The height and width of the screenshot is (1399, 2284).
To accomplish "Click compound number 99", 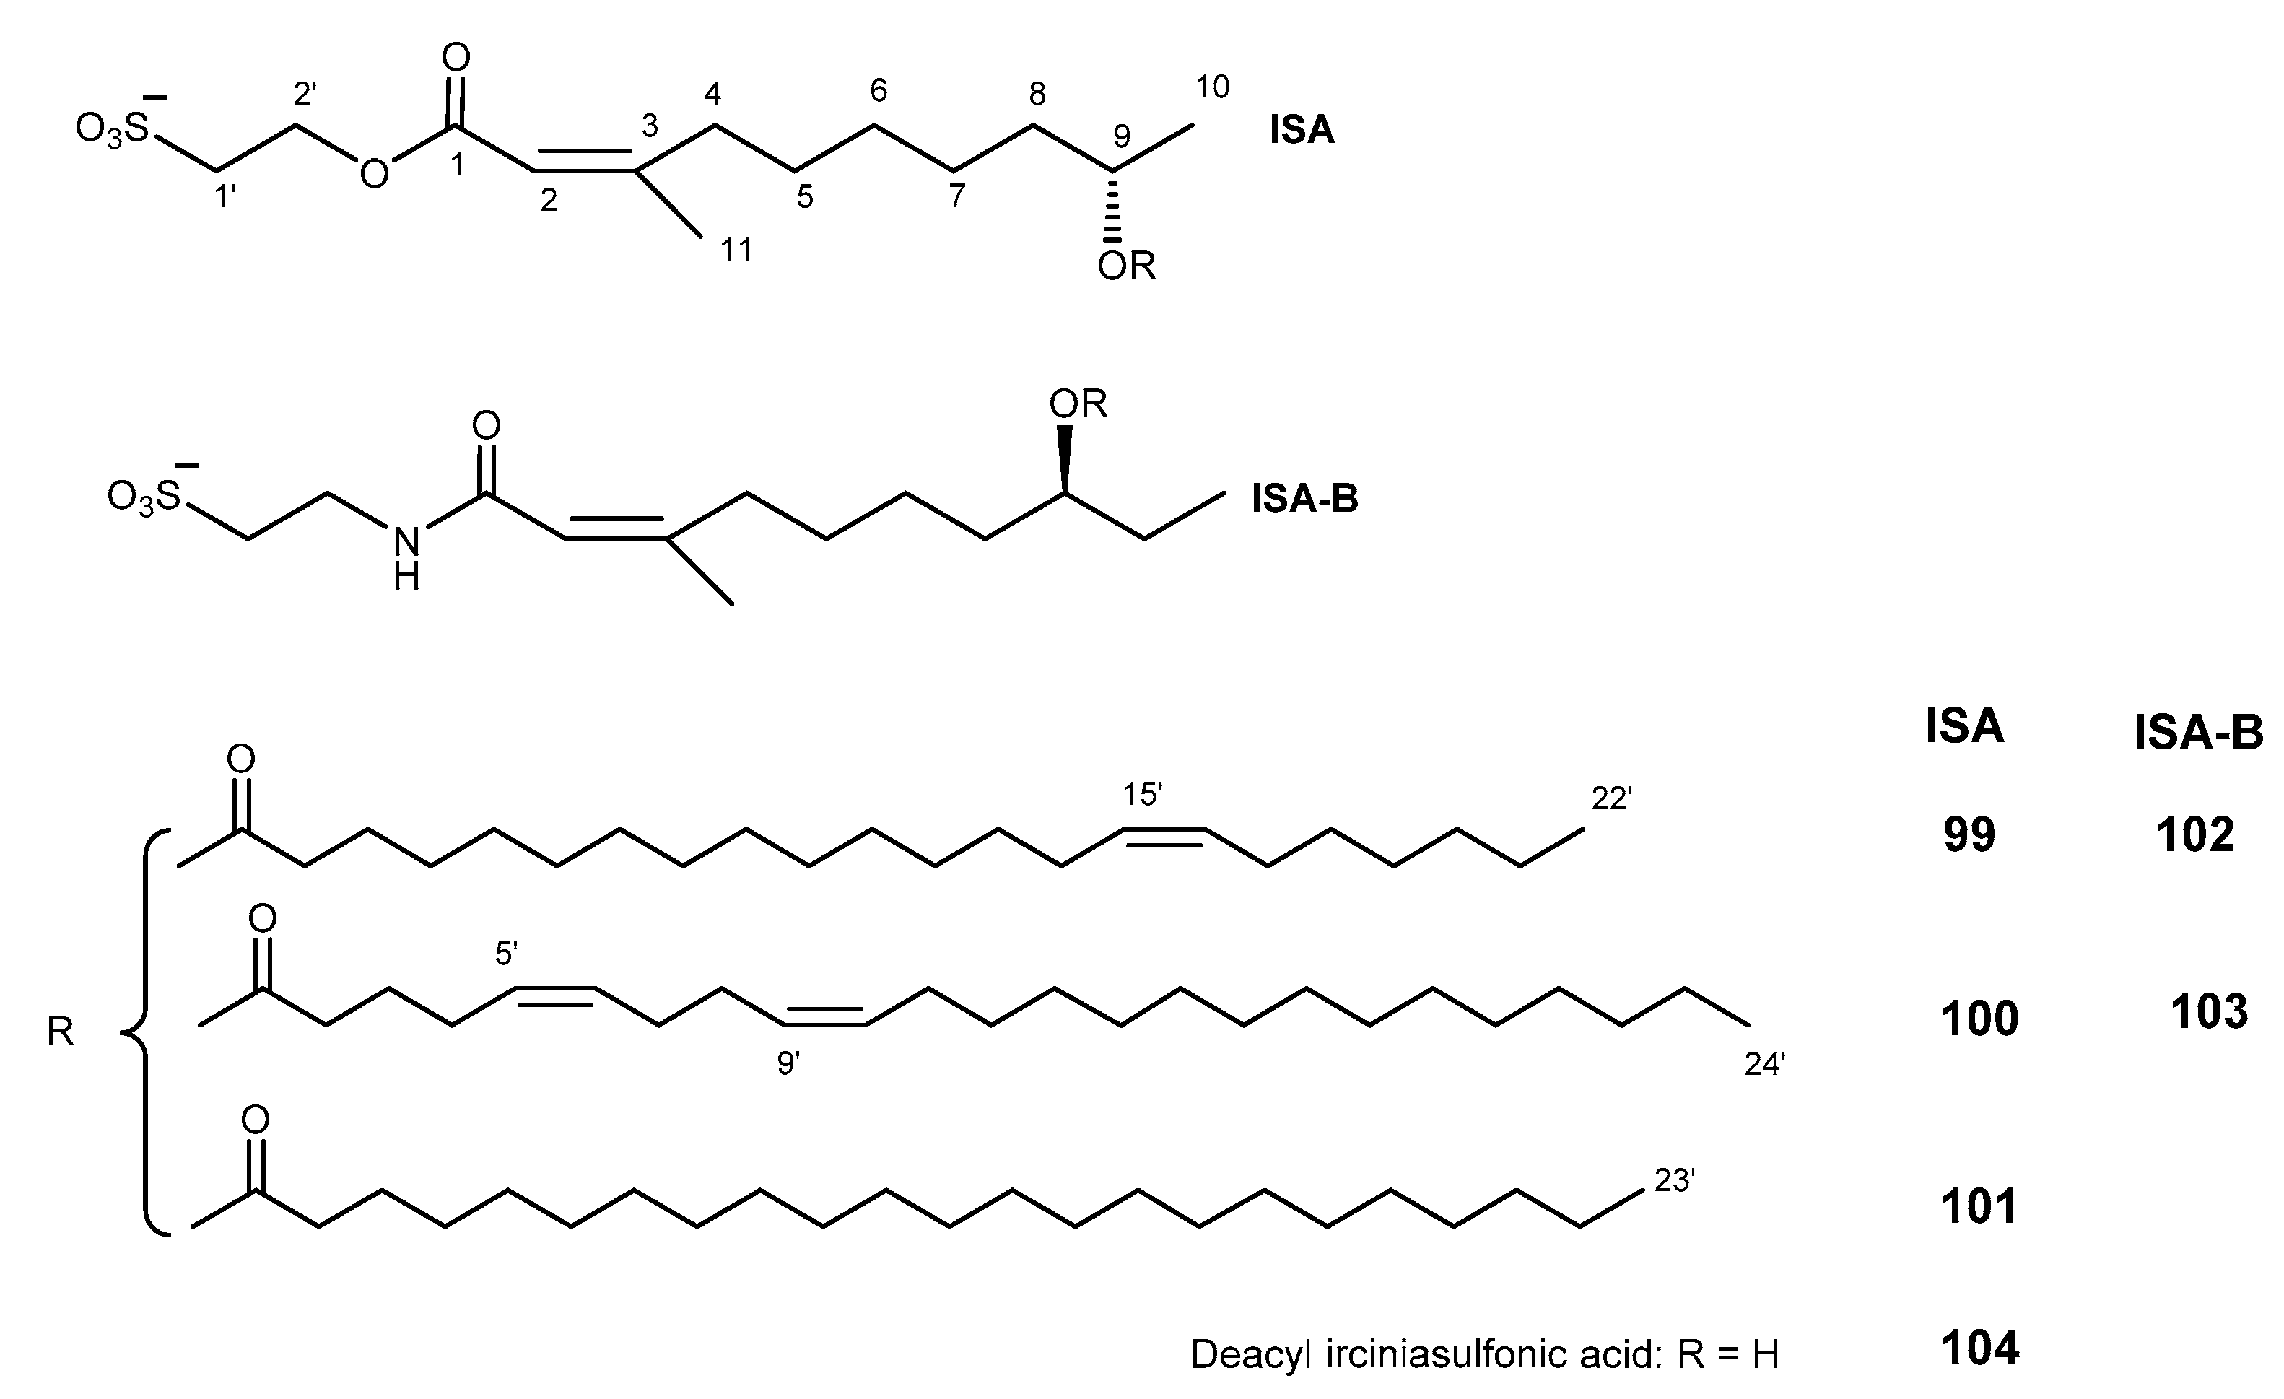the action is tap(1969, 835).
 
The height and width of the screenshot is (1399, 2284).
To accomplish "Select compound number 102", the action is tap(2195, 835).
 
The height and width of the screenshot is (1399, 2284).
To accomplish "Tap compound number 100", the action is tap(1979, 1019).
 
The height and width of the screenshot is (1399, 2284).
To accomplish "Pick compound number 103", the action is tap(2209, 1011).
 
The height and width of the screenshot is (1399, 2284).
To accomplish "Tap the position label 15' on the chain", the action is tap(1143, 795).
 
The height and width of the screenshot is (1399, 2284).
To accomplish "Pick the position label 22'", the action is tap(1611, 798).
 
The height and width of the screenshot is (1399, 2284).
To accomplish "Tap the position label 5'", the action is tap(506, 953).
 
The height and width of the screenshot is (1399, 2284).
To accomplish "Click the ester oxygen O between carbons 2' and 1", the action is tap(375, 173).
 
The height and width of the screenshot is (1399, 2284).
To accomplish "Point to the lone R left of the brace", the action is tap(60, 1032).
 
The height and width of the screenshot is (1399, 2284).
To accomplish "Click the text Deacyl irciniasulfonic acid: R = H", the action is tap(1484, 1354).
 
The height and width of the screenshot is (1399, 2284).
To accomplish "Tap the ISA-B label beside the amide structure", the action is tap(1304, 499).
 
